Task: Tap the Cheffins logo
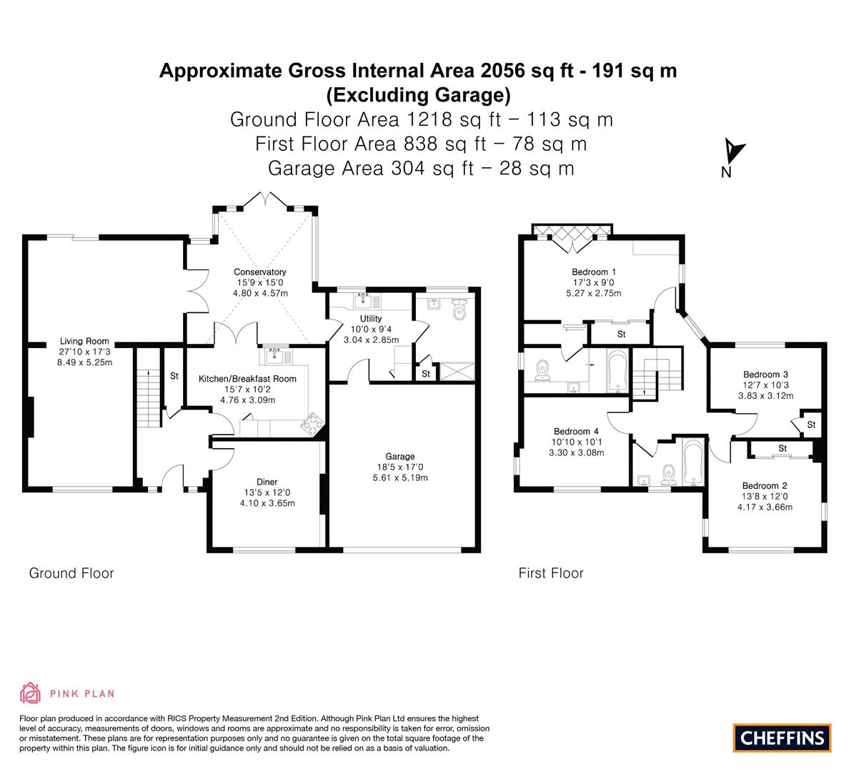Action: pos(782,738)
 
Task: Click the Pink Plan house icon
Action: pos(31,693)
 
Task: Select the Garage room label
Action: pos(400,457)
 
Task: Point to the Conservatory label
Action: pos(260,272)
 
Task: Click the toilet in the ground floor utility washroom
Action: pos(459,310)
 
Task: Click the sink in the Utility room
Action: pos(363,300)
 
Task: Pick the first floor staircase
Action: pos(657,375)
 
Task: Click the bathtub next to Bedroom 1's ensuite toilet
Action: pos(617,371)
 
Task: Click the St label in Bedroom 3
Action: pos(811,425)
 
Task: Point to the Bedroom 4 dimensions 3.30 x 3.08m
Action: pos(576,452)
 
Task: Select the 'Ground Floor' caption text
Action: pos(71,573)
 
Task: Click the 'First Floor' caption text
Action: pos(551,573)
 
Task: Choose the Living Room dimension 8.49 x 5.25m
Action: pos(84,362)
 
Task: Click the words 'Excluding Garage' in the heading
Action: pos(419,95)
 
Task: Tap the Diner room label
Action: pos(267,482)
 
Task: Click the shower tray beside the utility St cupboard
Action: pos(457,371)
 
